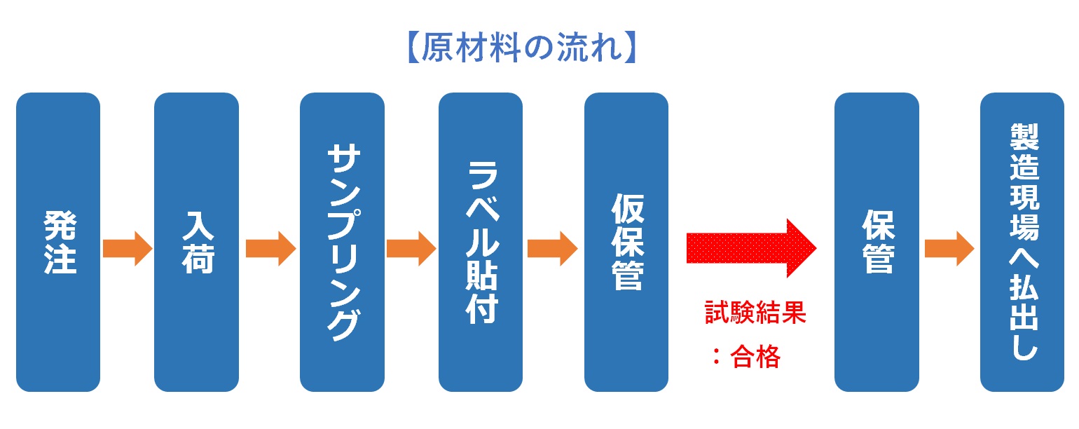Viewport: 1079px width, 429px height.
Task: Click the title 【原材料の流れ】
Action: point(523,48)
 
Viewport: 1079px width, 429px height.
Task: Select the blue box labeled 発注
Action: point(58,242)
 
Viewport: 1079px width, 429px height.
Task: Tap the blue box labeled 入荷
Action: point(196,242)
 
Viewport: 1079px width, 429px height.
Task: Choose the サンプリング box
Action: point(342,242)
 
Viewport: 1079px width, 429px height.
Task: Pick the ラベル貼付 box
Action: point(481,242)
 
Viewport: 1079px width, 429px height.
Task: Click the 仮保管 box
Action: point(626,242)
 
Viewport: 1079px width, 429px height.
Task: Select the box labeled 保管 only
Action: point(877,242)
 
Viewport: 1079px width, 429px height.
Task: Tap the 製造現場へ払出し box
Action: point(1022,242)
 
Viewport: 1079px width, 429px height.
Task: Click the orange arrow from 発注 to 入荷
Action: point(128,249)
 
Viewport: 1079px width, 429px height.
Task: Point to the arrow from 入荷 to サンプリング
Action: point(270,249)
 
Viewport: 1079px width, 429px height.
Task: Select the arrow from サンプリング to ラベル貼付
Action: point(411,249)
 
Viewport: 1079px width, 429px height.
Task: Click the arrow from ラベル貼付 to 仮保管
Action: point(553,249)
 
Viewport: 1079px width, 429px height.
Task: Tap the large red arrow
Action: point(751,248)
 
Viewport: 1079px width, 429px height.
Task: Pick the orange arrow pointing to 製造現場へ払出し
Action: point(949,249)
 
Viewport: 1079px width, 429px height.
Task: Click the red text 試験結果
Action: point(755,313)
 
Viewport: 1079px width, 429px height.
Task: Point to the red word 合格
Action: point(755,357)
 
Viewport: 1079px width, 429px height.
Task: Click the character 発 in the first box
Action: point(60,226)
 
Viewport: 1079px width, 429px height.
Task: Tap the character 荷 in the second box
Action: point(198,259)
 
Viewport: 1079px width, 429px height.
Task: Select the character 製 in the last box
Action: point(1024,137)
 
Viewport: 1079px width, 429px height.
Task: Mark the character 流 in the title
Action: point(573,48)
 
